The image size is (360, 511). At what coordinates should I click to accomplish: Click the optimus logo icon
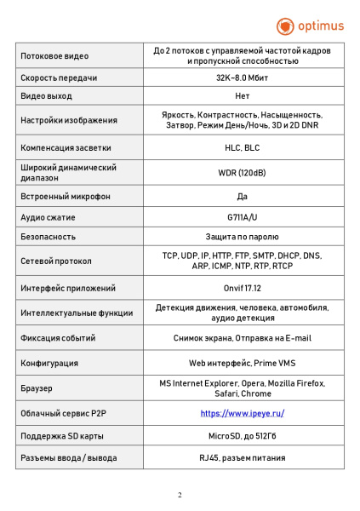tap(286, 26)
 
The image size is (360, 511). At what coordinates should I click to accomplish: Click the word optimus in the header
tap(319, 26)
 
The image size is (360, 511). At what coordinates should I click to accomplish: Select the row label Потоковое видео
tap(54, 56)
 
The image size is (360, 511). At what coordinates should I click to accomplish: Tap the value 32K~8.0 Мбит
tap(243, 78)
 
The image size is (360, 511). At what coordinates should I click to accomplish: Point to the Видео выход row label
tap(47, 96)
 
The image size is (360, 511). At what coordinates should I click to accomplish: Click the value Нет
tap(243, 96)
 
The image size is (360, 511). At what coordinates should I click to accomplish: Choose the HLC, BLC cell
tap(243, 147)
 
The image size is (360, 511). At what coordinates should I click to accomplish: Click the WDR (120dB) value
tap(243, 172)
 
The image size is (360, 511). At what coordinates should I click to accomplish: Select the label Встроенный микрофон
tap(66, 197)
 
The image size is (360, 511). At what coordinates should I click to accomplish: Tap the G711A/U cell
tap(243, 216)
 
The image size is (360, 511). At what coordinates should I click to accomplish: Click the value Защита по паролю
tap(243, 236)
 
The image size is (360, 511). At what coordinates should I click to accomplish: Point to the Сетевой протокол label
tap(56, 261)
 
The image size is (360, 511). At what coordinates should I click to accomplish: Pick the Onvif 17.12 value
tap(243, 288)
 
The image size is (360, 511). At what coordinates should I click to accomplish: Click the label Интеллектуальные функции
tap(77, 313)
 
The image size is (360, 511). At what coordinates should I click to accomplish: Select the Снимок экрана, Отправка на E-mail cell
tap(243, 337)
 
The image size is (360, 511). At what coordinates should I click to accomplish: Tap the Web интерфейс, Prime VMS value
tap(243, 363)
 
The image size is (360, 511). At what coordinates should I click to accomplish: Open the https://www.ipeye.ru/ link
tap(243, 413)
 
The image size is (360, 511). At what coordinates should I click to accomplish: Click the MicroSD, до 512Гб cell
tap(243, 436)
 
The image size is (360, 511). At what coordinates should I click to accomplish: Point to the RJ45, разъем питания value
tap(243, 457)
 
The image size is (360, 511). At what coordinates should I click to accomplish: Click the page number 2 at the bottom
tap(180, 495)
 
